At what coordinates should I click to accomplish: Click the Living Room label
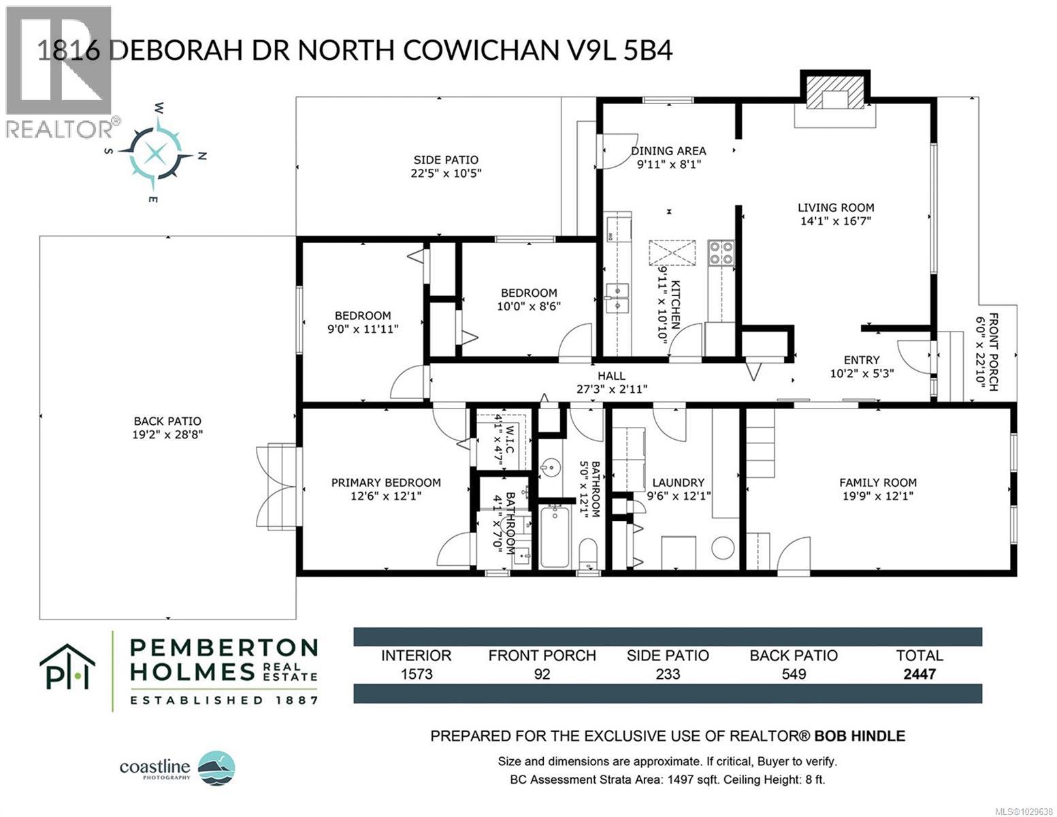click(x=836, y=208)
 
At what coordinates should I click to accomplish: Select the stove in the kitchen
click(x=721, y=253)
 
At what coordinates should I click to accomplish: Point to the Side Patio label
click(x=446, y=160)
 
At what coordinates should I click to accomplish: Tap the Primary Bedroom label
click(x=386, y=483)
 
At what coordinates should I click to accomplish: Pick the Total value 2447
click(x=920, y=674)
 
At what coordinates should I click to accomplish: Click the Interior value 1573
click(x=416, y=674)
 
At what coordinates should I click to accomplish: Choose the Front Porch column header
click(x=542, y=656)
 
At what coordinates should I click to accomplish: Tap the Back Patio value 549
click(x=794, y=674)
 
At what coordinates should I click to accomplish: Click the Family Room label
click(x=878, y=483)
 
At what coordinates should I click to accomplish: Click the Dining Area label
click(x=668, y=151)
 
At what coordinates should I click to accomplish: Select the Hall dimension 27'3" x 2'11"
click(x=612, y=389)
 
